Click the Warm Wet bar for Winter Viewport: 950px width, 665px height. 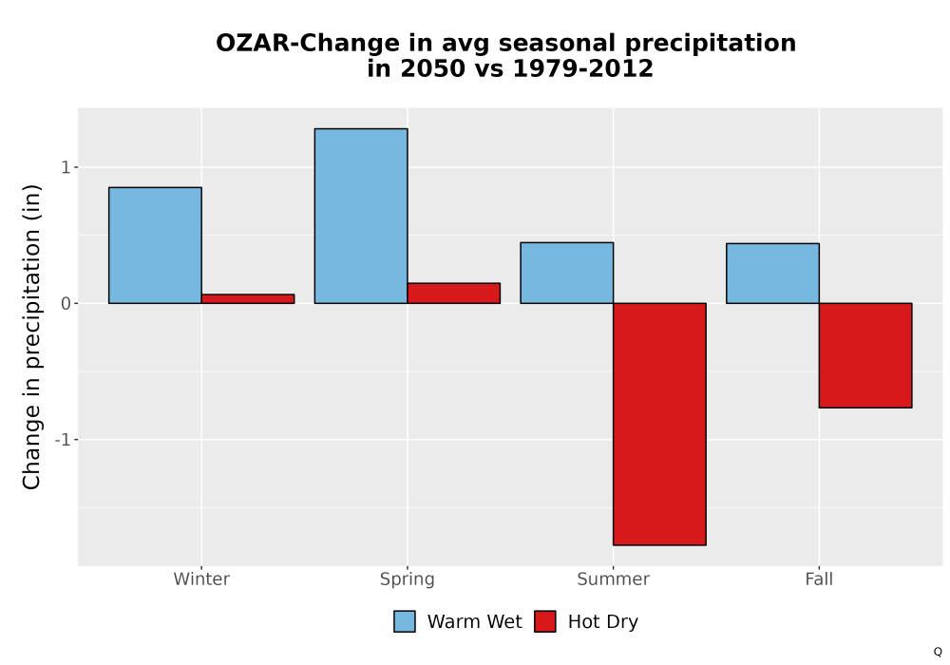(155, 245)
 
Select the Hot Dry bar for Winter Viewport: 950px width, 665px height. (248, 298)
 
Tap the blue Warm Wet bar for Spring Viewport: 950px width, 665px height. (361, 216)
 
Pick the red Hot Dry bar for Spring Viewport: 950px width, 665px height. (454, 294)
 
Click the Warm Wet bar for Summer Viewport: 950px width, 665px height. (567, 273)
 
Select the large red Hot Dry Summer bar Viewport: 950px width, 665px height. (660, 424)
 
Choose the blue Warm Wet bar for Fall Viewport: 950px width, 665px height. (772, 274)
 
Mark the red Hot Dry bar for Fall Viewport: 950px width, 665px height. (865, 355)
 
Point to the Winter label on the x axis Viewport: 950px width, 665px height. (201, 579)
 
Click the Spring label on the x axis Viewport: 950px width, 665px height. (408, 579)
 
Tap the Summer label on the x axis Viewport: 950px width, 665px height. (613, 579)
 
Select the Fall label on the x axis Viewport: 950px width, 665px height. (819, 579)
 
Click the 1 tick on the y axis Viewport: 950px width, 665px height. (66, 167)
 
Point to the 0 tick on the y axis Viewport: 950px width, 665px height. (66, 303)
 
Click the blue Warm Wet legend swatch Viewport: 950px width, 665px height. (405, 621)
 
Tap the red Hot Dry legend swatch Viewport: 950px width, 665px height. (545, 621)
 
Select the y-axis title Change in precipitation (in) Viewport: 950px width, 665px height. (31, 336)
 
